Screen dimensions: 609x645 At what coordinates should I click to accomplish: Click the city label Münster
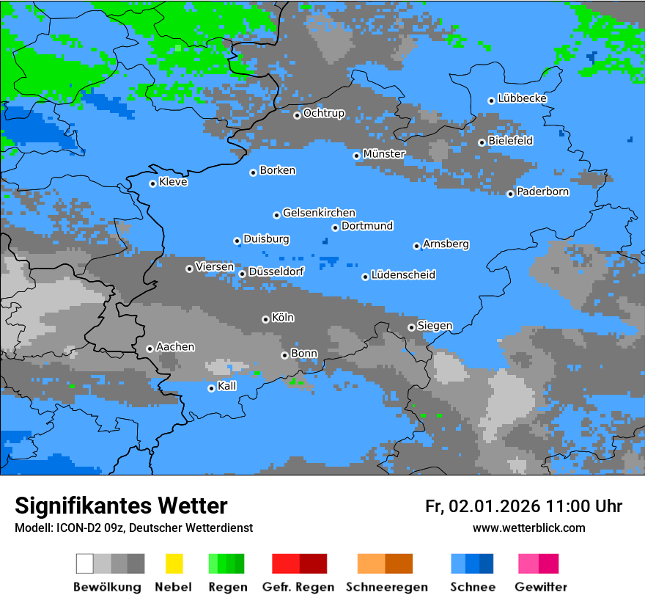pos(383,154)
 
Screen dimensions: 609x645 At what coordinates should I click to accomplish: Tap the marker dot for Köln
pos(265,319)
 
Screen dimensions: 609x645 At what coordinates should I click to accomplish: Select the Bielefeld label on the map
pos(510,141)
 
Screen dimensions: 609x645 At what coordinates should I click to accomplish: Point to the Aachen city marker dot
pos(150,349)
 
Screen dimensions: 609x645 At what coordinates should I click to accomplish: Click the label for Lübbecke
pos(522,98)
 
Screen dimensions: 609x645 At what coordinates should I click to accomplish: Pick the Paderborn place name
pos(542,192)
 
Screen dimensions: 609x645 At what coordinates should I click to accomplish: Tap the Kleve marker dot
pos(152,183)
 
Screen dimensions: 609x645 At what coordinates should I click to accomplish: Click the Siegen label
pos(435,326)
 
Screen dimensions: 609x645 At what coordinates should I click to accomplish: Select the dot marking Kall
pos(211,388)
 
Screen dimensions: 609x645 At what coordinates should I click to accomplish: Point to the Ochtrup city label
pos(323,114)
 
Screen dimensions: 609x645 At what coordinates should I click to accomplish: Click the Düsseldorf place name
pos(276,271)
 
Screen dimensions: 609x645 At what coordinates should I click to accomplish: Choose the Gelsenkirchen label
pos(319,213)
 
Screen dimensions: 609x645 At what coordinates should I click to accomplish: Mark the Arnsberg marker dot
pos(416,246)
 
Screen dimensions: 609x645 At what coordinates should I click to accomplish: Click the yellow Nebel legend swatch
pos(174,564)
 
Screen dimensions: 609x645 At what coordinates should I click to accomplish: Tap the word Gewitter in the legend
pos(540,587)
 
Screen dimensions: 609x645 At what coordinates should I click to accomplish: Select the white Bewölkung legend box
pos(84,564)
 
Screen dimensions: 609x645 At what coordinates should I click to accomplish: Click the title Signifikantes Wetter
pos(121,506)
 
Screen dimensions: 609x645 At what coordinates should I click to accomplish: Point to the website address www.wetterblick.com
pos(528,528)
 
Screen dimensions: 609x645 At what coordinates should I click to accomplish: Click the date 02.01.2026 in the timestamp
pos(495,506)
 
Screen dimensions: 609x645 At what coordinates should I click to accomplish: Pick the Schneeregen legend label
pos(386,587)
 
